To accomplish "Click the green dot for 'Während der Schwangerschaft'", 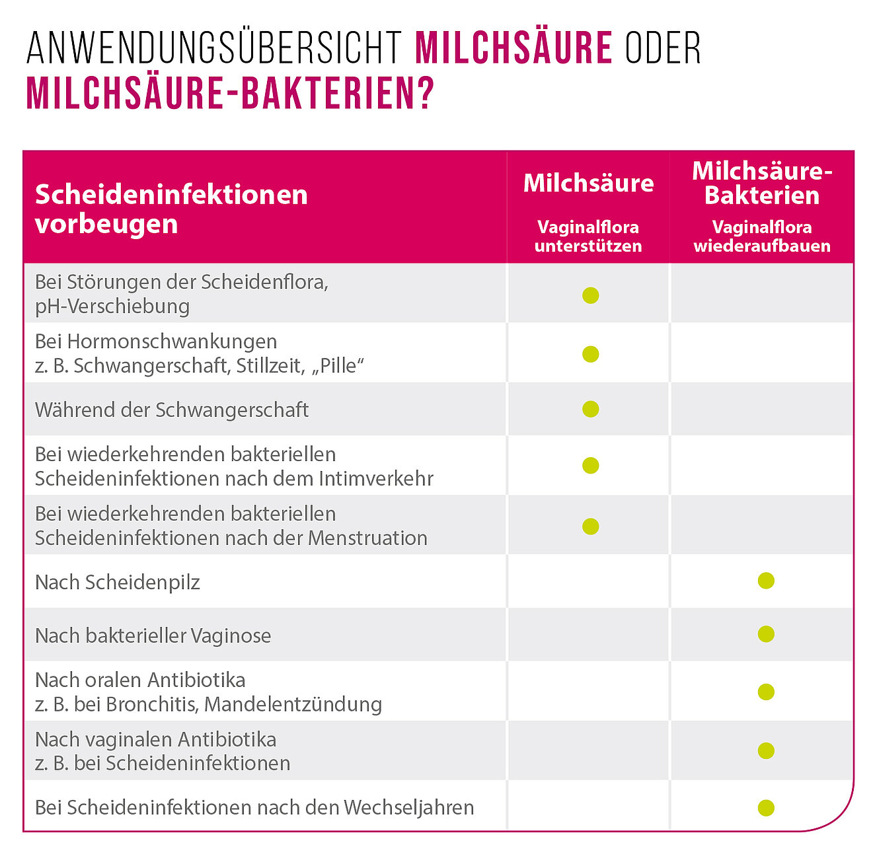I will coord(590,409).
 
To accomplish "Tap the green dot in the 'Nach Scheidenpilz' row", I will coord(766,581).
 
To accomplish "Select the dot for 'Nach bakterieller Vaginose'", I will coord(766,634).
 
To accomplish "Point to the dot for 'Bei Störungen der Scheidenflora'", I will coord(590,295).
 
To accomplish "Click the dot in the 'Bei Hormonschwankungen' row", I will coord(590,354).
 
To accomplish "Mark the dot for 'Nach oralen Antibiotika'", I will coord(766,692).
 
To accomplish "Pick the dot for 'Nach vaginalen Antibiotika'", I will coord(766,750).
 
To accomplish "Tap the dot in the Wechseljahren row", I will coord(766,807).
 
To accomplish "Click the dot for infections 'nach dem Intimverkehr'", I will coord(590,466).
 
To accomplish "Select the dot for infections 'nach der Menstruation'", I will coord(590,526).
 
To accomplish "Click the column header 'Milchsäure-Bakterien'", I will coord(762,183).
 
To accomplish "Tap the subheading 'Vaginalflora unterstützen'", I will coord(588,236).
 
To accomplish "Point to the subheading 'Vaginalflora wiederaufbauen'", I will coord(762,236).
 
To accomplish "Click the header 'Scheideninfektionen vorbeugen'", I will coord(171,209).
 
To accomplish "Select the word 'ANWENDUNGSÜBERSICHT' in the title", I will coord(214,48).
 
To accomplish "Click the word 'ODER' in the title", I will coord(663,48).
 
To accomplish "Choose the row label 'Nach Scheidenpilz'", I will coord(117,582).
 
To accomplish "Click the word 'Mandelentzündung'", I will coord(293,704).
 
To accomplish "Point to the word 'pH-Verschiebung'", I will coord(112,307).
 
